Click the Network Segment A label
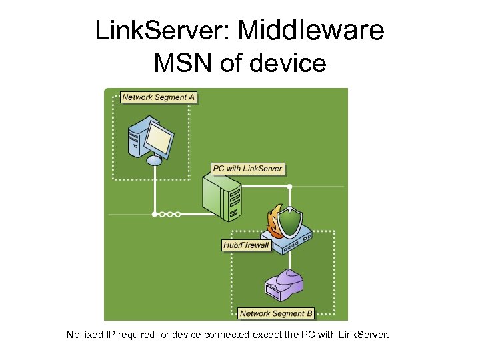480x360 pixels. coord(159,97)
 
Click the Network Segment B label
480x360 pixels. coord(275,313)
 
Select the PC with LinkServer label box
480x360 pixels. coord(248,169)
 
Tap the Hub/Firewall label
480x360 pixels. coord(246,245)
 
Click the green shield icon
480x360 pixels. coord(289,221)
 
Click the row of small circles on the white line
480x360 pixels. coord(167,215)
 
